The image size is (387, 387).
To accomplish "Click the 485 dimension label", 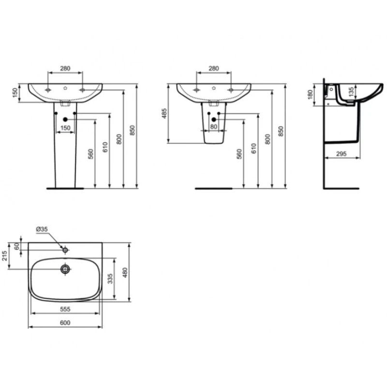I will [x=164, y=114].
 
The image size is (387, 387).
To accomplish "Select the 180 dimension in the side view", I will [x=310, y=94].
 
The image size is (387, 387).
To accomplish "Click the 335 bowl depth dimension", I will [x=110, y=278].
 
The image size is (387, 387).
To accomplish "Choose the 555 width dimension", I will [x=65, y=309].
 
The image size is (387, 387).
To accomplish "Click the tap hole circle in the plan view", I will [x=65, y=250].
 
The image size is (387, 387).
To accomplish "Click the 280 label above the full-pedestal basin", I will [x=65, y=69].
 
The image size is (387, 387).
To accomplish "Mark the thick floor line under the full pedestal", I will [x=65, y=188].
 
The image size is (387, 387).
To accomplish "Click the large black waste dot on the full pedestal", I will [x=65, y=119].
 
